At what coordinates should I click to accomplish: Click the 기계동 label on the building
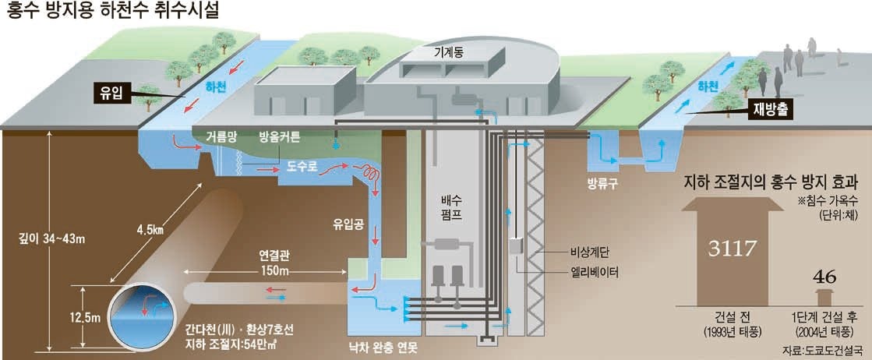coord(448,51)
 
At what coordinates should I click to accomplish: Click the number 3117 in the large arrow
coord(733,249)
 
